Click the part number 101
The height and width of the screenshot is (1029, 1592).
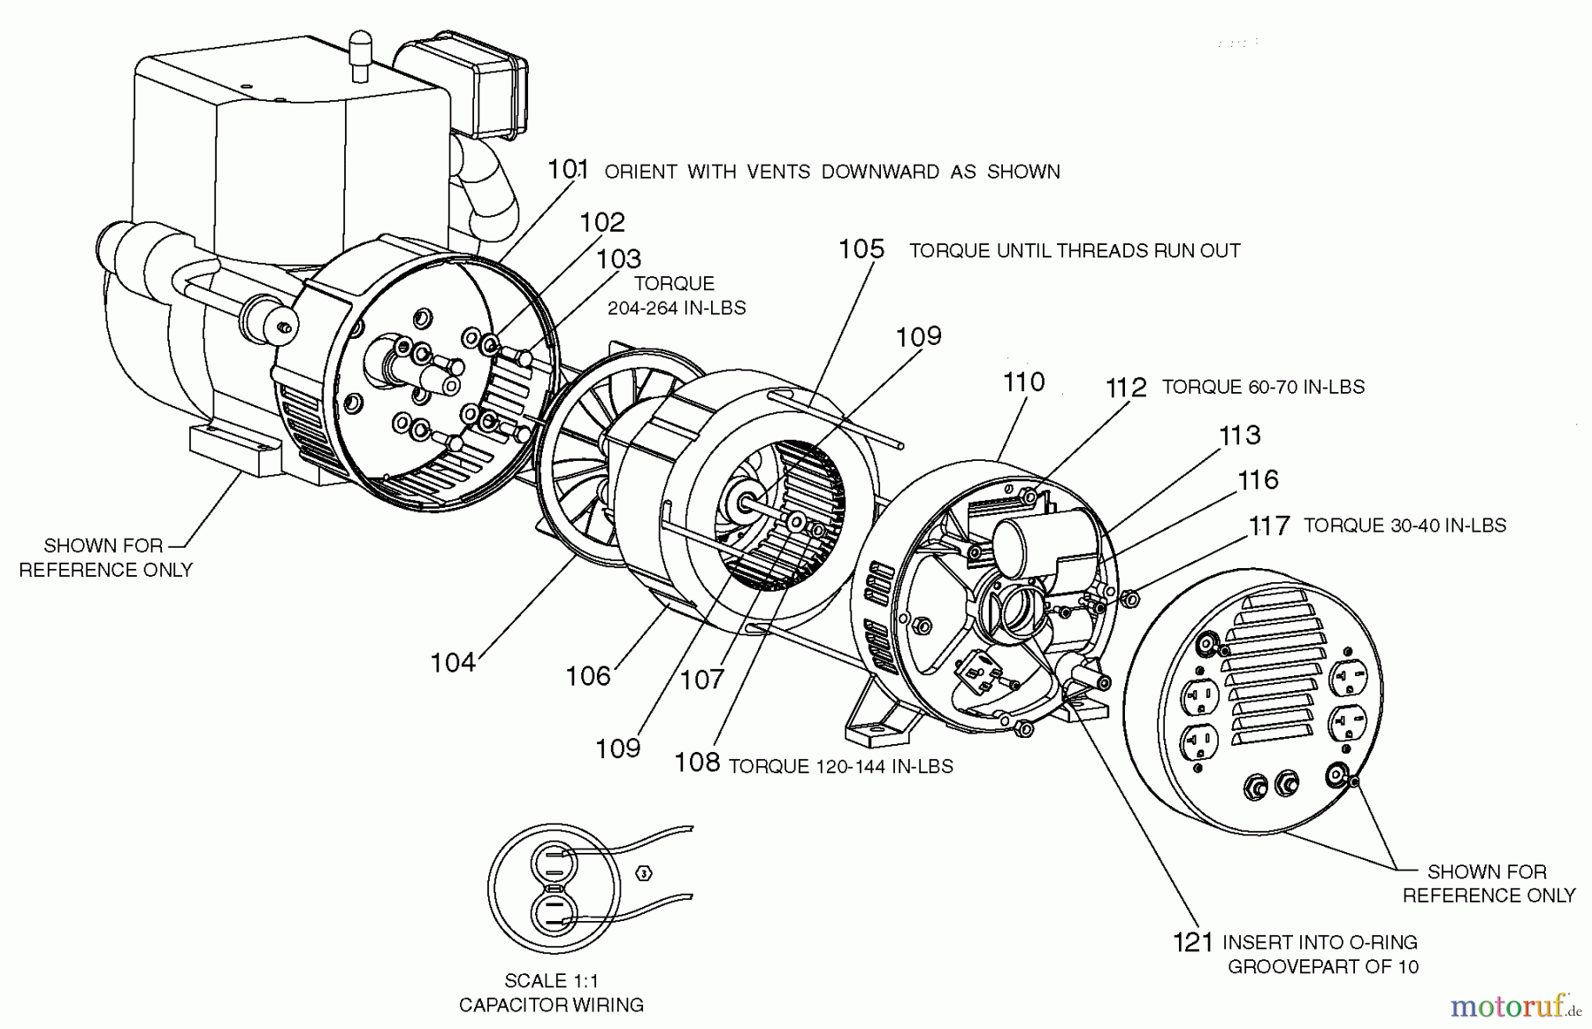click(568, 169)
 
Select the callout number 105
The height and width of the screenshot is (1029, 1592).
click(861, 250)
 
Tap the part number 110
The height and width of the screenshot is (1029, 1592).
click(1023, 382)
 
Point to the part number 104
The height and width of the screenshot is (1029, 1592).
click(452, 663)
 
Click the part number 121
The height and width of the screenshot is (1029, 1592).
click(1192, 943)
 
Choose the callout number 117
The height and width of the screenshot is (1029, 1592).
click(1269, 526)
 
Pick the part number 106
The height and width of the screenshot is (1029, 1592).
click(588, 677)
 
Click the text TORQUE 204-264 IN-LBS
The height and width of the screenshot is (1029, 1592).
click(676, 296)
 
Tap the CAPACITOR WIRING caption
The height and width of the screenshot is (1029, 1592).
click(551, 1005)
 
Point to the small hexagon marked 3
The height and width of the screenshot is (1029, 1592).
click(644, 873)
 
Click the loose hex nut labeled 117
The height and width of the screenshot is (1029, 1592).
click(1129, 599)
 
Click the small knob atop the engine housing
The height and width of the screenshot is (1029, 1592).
click(360, 51)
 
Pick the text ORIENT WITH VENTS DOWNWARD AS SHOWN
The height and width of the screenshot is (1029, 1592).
click(831, 172)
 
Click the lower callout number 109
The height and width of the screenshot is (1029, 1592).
click(617, 749)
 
